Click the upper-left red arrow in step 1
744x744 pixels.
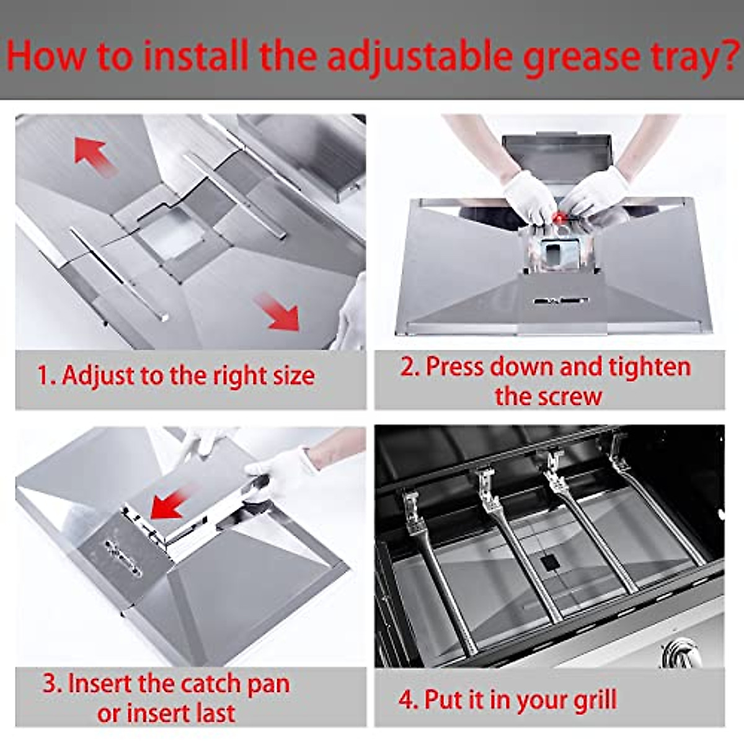(94, 154)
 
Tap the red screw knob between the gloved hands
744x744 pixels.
(560, 218)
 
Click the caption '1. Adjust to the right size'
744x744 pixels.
(176, 376)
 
